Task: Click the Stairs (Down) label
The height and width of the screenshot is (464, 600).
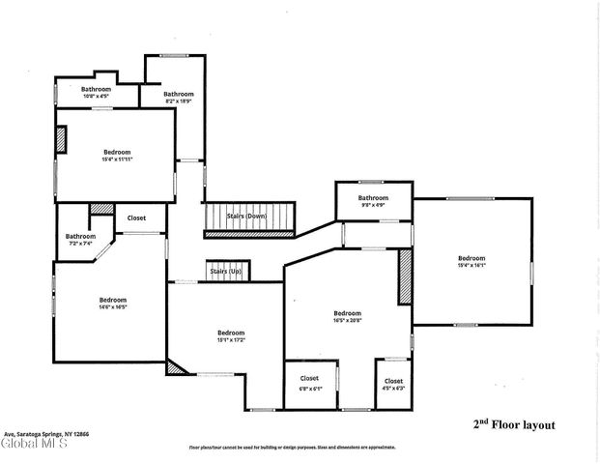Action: tap(246, 216)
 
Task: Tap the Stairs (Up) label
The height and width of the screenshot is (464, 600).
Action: tap(225, 272)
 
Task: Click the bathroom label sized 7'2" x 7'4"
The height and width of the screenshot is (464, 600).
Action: tap(80, 239)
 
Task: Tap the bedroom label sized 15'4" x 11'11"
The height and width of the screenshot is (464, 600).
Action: tap(116, 155)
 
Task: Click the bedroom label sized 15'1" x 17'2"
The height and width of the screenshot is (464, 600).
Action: tap(230, 335)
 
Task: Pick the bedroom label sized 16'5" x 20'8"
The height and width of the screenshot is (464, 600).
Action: tap(347, 316)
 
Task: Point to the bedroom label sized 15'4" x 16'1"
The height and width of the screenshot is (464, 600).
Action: tap(471, 261)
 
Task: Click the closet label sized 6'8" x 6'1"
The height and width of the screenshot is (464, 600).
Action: tap(309, 382)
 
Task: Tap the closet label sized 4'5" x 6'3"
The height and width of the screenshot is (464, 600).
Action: tap(393, 384)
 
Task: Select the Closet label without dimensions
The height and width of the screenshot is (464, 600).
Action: tap(136, 218)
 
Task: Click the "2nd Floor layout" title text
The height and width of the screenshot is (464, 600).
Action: tap(513, 423)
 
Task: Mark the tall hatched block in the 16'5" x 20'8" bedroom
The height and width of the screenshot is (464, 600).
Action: tap(405, 277)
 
